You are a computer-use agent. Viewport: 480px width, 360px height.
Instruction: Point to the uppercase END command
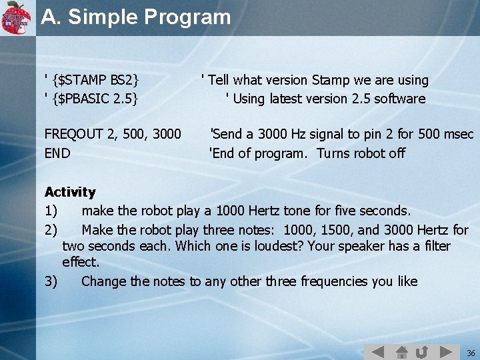coord(57,153)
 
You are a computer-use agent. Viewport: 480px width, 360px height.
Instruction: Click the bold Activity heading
coord(70,192)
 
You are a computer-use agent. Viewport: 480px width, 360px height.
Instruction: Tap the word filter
coord(435,246)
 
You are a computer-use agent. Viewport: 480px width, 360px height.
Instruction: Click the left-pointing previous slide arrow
coord(377,351)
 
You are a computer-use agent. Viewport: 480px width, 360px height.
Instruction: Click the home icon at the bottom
coord(401,351)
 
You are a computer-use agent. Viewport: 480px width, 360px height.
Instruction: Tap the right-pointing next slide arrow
coord(447,351)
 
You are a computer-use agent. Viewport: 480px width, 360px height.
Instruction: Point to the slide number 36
coord(471,353)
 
